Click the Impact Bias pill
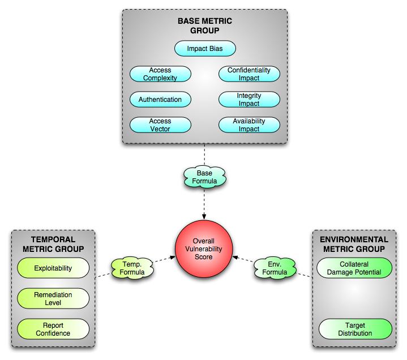tap(204, 49)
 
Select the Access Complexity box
tap(160, 74)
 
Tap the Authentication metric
tap(160, 100)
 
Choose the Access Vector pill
tap(160, 125)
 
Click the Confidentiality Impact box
tap(249, 74)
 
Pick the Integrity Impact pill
tap(249, 100)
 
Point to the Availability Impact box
tap(249, 125)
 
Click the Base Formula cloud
tap(204, 177)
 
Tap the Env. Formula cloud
tap(275, 268)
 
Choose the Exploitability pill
tap(53, 268)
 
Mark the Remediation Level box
tap(53, 298)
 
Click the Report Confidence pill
tap(53, 329)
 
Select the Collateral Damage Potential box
tap(354, 268)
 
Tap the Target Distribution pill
tap(354, 329)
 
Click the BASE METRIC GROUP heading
tap(204, 26)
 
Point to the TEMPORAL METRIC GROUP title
tap(53, 244)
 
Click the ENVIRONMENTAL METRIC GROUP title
tap(354, 244)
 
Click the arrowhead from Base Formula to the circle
tap(204, 217)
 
